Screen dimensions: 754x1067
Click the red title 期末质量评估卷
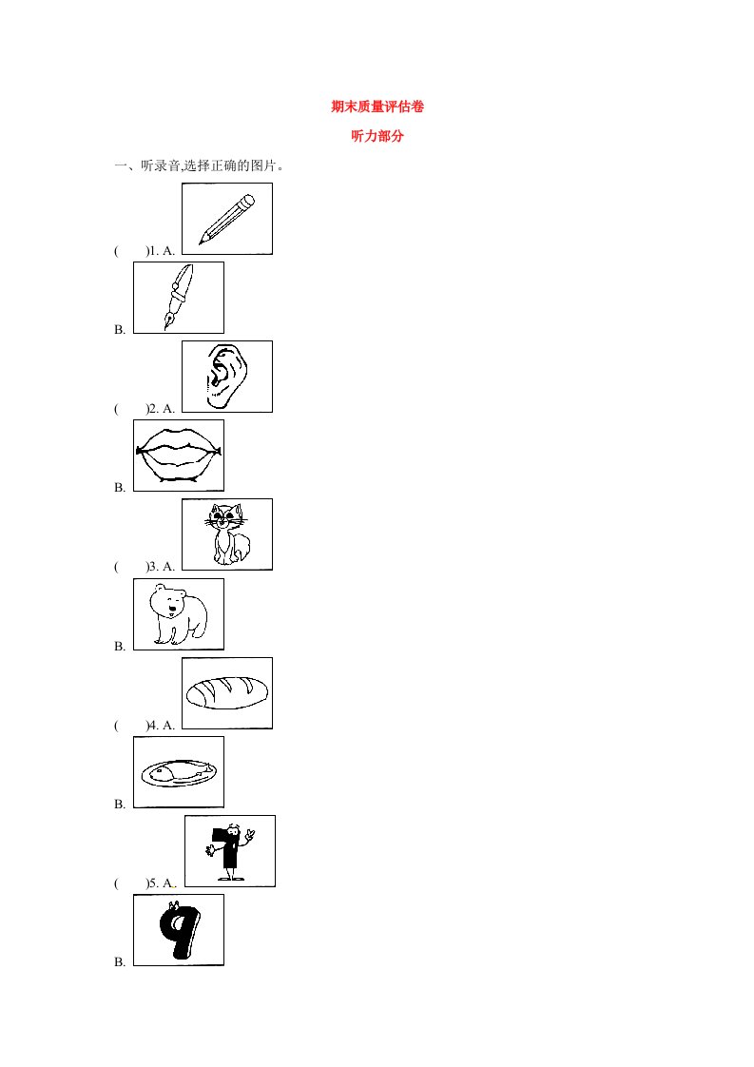tap(377, 107)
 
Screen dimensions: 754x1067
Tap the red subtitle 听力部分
tap(377, 136)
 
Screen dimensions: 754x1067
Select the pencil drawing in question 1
tap(226, 219)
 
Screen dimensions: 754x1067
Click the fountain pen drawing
tap(179, 298)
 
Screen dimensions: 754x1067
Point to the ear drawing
tap(226, 377)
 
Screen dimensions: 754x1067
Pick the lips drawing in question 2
tap(179, 456)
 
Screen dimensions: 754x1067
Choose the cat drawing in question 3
tap(227, 534)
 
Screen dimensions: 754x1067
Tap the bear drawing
tap(179, 613)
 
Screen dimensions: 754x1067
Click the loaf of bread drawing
tap(227, 692)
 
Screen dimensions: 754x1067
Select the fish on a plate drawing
tap(179, 772)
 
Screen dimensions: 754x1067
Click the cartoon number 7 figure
tap(230, 851)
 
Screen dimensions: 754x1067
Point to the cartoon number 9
tap(179, 930)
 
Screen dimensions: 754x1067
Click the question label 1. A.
tap(162, 250)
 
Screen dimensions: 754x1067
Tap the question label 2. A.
tap(162, 408)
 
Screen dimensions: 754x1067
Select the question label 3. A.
tap(162, 566)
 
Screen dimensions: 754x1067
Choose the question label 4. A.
tap(162, 725)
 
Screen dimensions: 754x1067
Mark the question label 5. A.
tap(162, 883)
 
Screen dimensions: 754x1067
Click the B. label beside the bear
tap(120, 646)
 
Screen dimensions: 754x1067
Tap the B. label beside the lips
tap(120, 487)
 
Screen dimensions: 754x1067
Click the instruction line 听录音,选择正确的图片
tap(212, 165)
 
